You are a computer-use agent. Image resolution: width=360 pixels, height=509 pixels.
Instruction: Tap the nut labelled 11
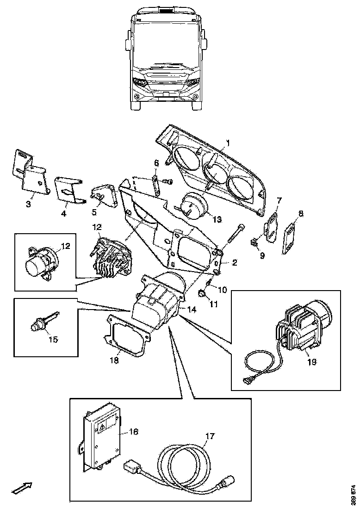coord(202,293)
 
